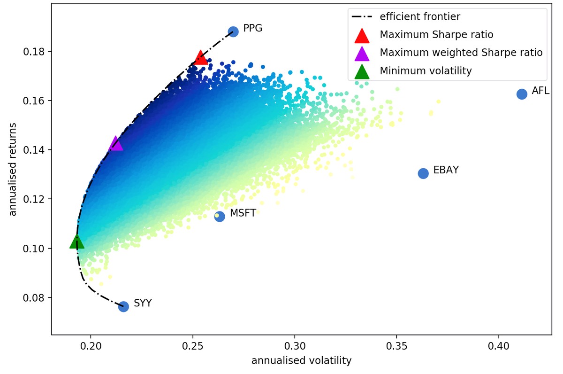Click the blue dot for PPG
(x=233, y=31)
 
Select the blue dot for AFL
(x=522, y=94)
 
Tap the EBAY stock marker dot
(x=423, y=173)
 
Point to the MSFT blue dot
(x=220, y=216)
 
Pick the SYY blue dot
(x=123, y=306)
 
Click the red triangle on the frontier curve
(x=201, y=57)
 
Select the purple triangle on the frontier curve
(x=115, y=144)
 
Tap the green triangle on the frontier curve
(x=76, y=242)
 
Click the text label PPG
(x=253, y=28)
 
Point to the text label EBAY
(x=446, y=170)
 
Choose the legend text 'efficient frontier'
(x=420, y=17)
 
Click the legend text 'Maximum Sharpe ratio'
(x=436, y=35)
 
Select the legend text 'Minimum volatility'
(x=426, y=71)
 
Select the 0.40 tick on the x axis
(x=499, y=348)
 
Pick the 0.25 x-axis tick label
(x=193, y=348)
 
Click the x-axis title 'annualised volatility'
(x=301, y=361)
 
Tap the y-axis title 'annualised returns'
(x=13, y=170)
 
